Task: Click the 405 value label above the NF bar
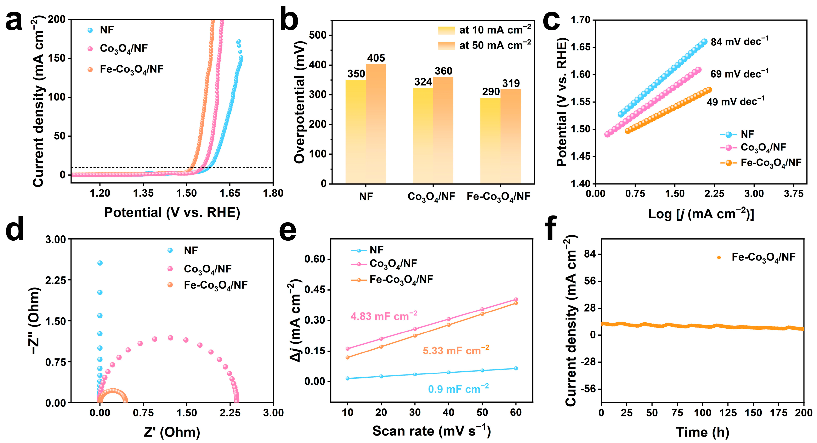376,58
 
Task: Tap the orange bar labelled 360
443,130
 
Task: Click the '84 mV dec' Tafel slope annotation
739,42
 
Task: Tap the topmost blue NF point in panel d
100,263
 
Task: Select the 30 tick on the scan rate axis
415,412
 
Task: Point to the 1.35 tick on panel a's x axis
143,193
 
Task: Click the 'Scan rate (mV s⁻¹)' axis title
431,431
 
